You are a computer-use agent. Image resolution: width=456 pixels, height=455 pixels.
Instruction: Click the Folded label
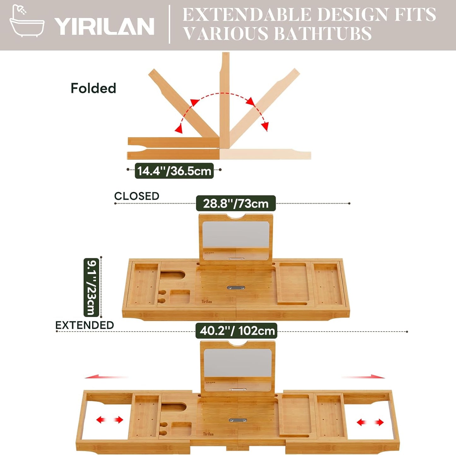93,88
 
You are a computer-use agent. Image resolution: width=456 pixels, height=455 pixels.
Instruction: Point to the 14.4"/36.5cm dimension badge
174,171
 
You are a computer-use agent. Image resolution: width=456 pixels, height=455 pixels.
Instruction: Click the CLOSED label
137,196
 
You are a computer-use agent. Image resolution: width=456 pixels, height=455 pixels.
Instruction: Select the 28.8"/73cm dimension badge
236,203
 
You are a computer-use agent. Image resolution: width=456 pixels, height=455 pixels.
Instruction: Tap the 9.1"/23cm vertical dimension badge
91,287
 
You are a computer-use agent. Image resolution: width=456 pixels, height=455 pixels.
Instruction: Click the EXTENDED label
85,325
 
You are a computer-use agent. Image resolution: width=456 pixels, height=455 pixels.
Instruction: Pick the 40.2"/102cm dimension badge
236,331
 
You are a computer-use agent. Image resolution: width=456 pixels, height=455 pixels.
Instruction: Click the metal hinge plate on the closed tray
236,288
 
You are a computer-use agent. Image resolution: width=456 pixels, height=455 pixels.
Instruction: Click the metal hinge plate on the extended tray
237,420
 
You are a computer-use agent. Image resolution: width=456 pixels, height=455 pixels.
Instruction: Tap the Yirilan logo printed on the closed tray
207,302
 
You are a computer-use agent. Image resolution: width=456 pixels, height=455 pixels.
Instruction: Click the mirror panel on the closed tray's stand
236,235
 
